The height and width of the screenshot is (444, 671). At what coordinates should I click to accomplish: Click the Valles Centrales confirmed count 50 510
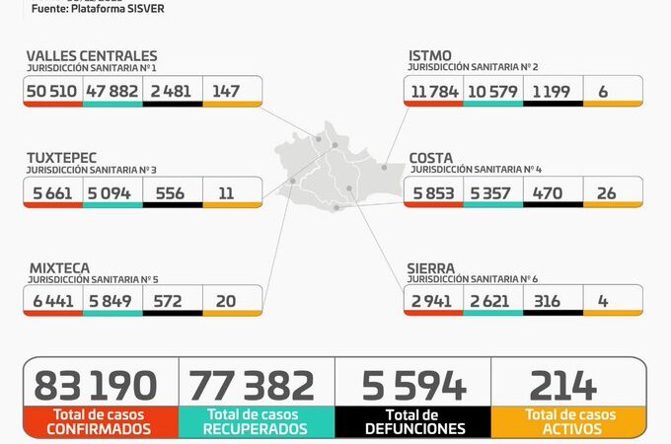click(x=53, y=91)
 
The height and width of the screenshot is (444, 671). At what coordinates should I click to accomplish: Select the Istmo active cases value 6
click(x=602, y=91)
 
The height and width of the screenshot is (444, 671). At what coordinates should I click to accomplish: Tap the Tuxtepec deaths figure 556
click(x=170, y=193)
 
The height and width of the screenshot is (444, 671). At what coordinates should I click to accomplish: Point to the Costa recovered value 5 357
click(x=490, y=193)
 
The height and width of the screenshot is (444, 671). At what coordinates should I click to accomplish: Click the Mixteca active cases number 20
click(x=226, y=301)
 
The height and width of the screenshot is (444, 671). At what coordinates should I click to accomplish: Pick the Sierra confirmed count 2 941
click(x=433, y=301)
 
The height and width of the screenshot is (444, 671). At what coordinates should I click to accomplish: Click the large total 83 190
click(x=96, y=386)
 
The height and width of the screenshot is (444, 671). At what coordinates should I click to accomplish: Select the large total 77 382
click(x=252, y=386)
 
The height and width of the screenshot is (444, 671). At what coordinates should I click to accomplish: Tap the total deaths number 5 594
click(x=413, y=386)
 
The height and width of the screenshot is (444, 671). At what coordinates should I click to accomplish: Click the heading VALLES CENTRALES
click(x=91, y=56)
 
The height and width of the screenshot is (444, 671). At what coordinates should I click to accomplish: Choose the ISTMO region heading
click(x=430, y=56)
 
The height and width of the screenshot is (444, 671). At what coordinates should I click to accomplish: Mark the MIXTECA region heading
click(x=58, y=267)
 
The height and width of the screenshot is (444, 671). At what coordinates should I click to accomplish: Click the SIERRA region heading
click(x=431, y=267)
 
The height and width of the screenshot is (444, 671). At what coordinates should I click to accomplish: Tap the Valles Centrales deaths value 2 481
click(x=170, y=91)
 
